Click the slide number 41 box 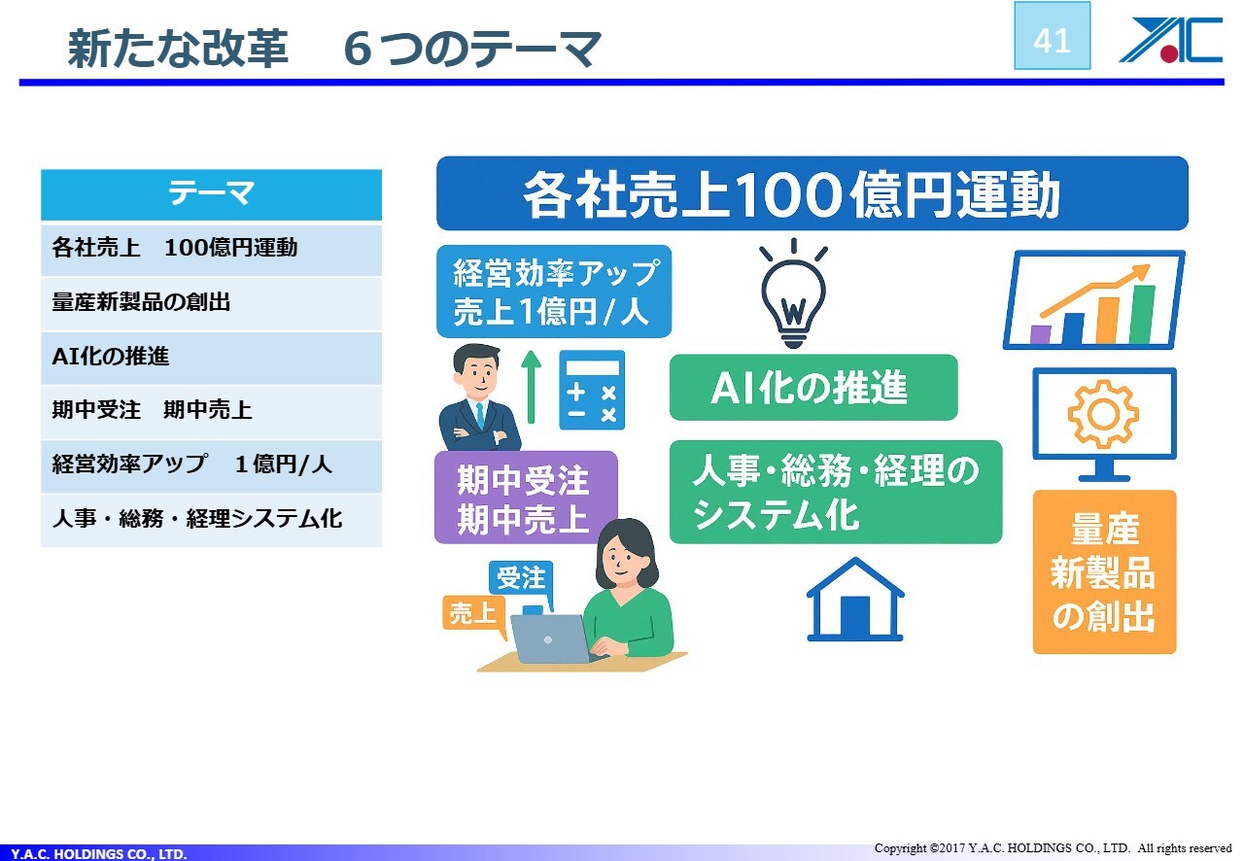click(x=1052, y=36)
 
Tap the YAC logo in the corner click(x=1171, y=40)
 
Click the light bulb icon click(x=794, y=293)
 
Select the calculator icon click(x=592, y=390)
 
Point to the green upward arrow click(x=532, y=387)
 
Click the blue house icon click(x=855, y=600)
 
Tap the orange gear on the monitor click(x=1103, y=414)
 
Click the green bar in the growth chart click(x=1142, y=314)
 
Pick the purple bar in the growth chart click(x=1040, y=334)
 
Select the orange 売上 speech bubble click(x=474, y=615)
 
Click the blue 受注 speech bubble click(x=521, y=579)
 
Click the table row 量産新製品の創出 click(x=211, y=303)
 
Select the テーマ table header click(x=211, y=194)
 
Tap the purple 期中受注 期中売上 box click(x=526, y=498)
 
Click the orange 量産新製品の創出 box click(x=1105, y=571)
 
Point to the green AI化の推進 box click(x=813, y=388)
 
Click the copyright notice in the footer click(x=1053, y=847)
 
